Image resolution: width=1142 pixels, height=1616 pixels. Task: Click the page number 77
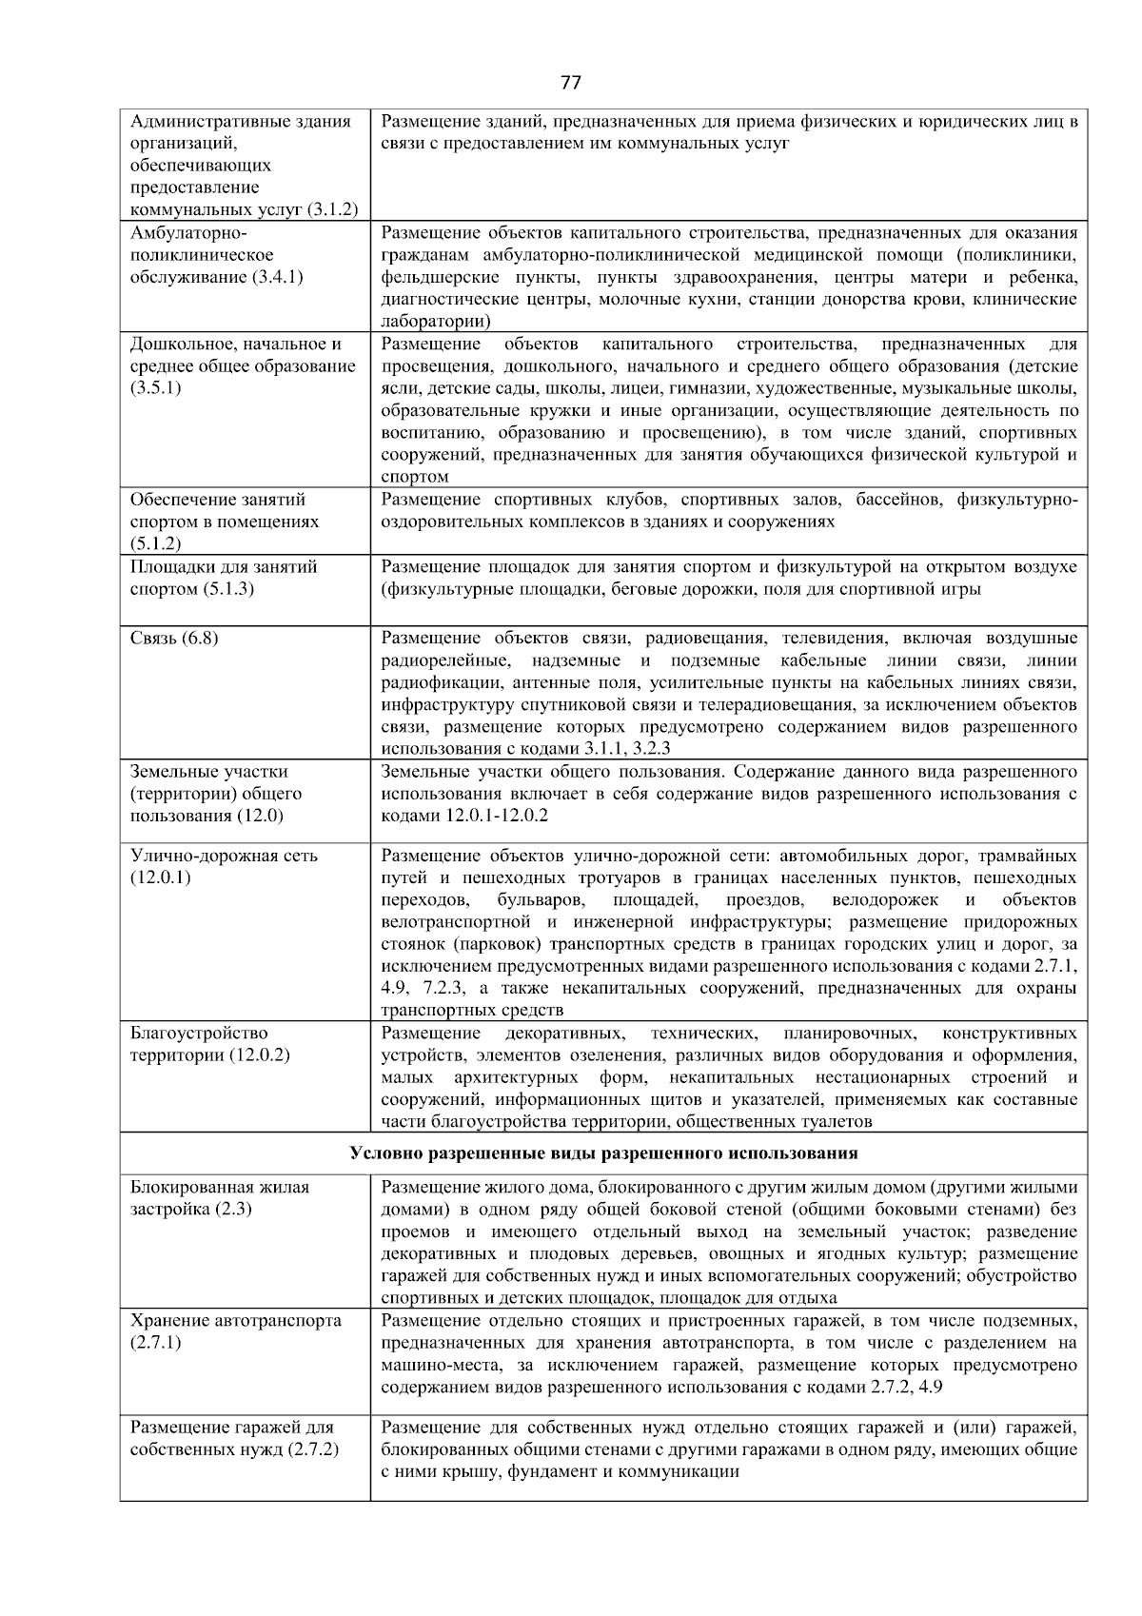click(x=570, y=82)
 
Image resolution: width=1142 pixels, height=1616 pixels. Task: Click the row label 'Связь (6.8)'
click(x=173, y=638)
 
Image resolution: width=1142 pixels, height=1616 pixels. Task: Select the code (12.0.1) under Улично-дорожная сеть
click(x=160, y=877)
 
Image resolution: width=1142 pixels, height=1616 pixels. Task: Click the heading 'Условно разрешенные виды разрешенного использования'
click(x=603, y=1153)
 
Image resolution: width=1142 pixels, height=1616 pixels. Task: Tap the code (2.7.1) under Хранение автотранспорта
click(x=155, y=1342)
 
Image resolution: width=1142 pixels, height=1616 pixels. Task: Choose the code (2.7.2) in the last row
click(x=312, y=1449)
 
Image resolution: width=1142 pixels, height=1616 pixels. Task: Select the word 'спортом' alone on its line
click(x=414, y=477)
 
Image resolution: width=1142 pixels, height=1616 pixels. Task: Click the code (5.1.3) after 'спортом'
click(x=228, y=588)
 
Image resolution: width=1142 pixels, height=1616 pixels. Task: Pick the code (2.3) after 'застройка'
click(x=234, y=1209)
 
